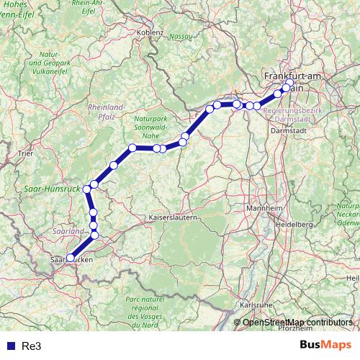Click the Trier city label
click(x=26, y=153)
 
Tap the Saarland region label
click(x=68, y=231)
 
